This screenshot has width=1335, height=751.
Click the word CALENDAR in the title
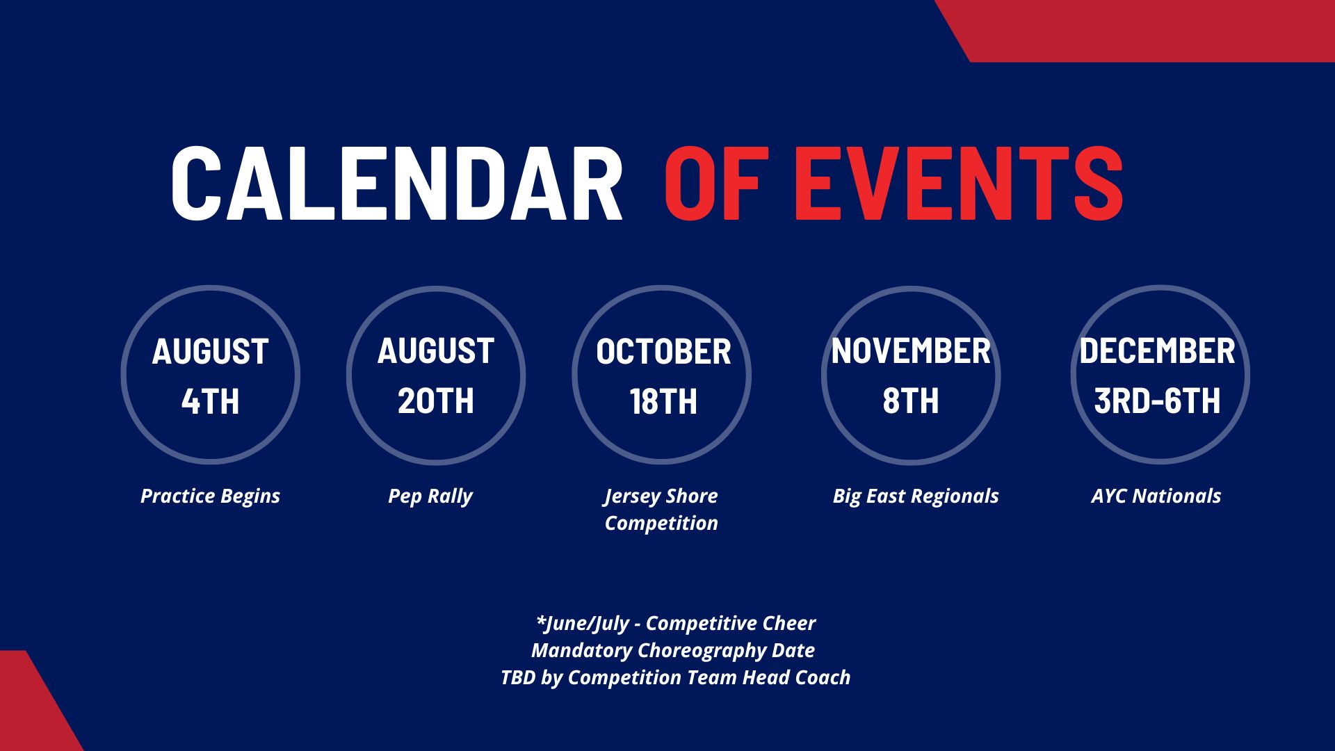point(396,184)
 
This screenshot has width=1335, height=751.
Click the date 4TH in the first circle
point(210,401)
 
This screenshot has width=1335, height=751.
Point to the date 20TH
point(436,401)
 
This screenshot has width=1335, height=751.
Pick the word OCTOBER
point(663,352)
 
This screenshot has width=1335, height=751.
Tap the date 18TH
point(663,401)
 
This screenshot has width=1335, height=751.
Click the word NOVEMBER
point(911,351)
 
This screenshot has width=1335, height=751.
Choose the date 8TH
point(911,401)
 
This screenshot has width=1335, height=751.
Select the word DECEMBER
point(1157,351)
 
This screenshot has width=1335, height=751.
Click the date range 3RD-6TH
point(1157,401)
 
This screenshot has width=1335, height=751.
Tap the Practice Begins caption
point(210,496)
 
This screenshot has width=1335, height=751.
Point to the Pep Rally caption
point(430,496)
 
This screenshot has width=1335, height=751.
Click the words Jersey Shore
point(661,496)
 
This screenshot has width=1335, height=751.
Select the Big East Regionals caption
point(916,496)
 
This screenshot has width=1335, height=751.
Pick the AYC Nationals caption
point(1156,496)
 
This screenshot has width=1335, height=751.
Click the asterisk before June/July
point(541,619)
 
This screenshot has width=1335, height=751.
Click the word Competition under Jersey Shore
point(661,524)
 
